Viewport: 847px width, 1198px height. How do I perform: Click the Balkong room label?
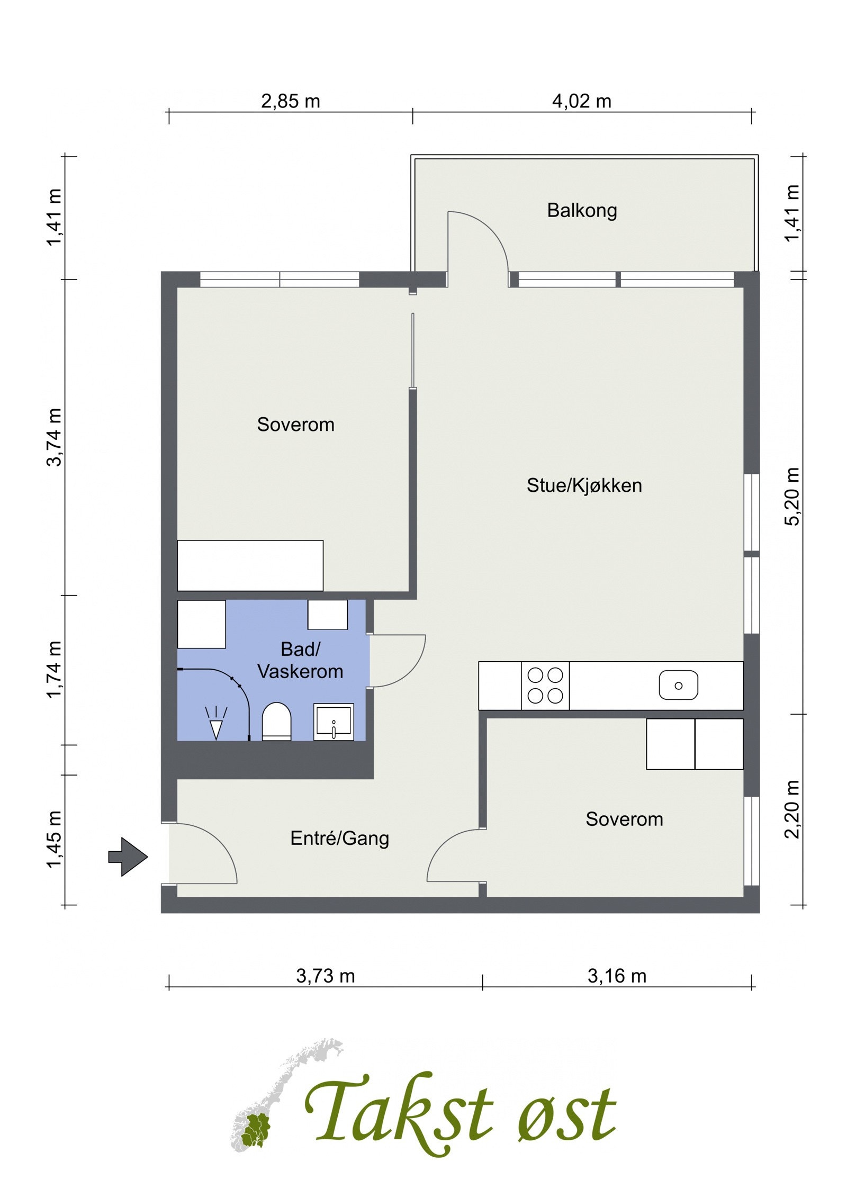click(x=581, y=210)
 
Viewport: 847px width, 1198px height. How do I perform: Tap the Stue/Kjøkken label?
click(x=583, y=485)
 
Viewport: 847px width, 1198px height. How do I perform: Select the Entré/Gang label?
click(x=339, y=838)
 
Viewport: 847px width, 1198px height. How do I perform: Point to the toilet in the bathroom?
click(x=276, y=721)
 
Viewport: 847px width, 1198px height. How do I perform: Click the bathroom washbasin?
click(x=333, y=721)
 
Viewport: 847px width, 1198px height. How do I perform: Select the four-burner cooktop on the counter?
click(x=545, y=685)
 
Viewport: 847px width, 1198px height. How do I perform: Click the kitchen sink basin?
click(x=678, y=685)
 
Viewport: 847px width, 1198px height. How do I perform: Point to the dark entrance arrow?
click(x=128, y=857)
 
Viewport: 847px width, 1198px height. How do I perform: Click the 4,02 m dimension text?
click(x=581, y=101)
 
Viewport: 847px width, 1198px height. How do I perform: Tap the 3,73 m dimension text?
click(x=325, y=976)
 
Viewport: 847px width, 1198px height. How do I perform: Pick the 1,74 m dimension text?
click(x=55, y=669)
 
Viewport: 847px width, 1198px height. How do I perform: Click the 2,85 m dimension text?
click(x=290, y=101)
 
